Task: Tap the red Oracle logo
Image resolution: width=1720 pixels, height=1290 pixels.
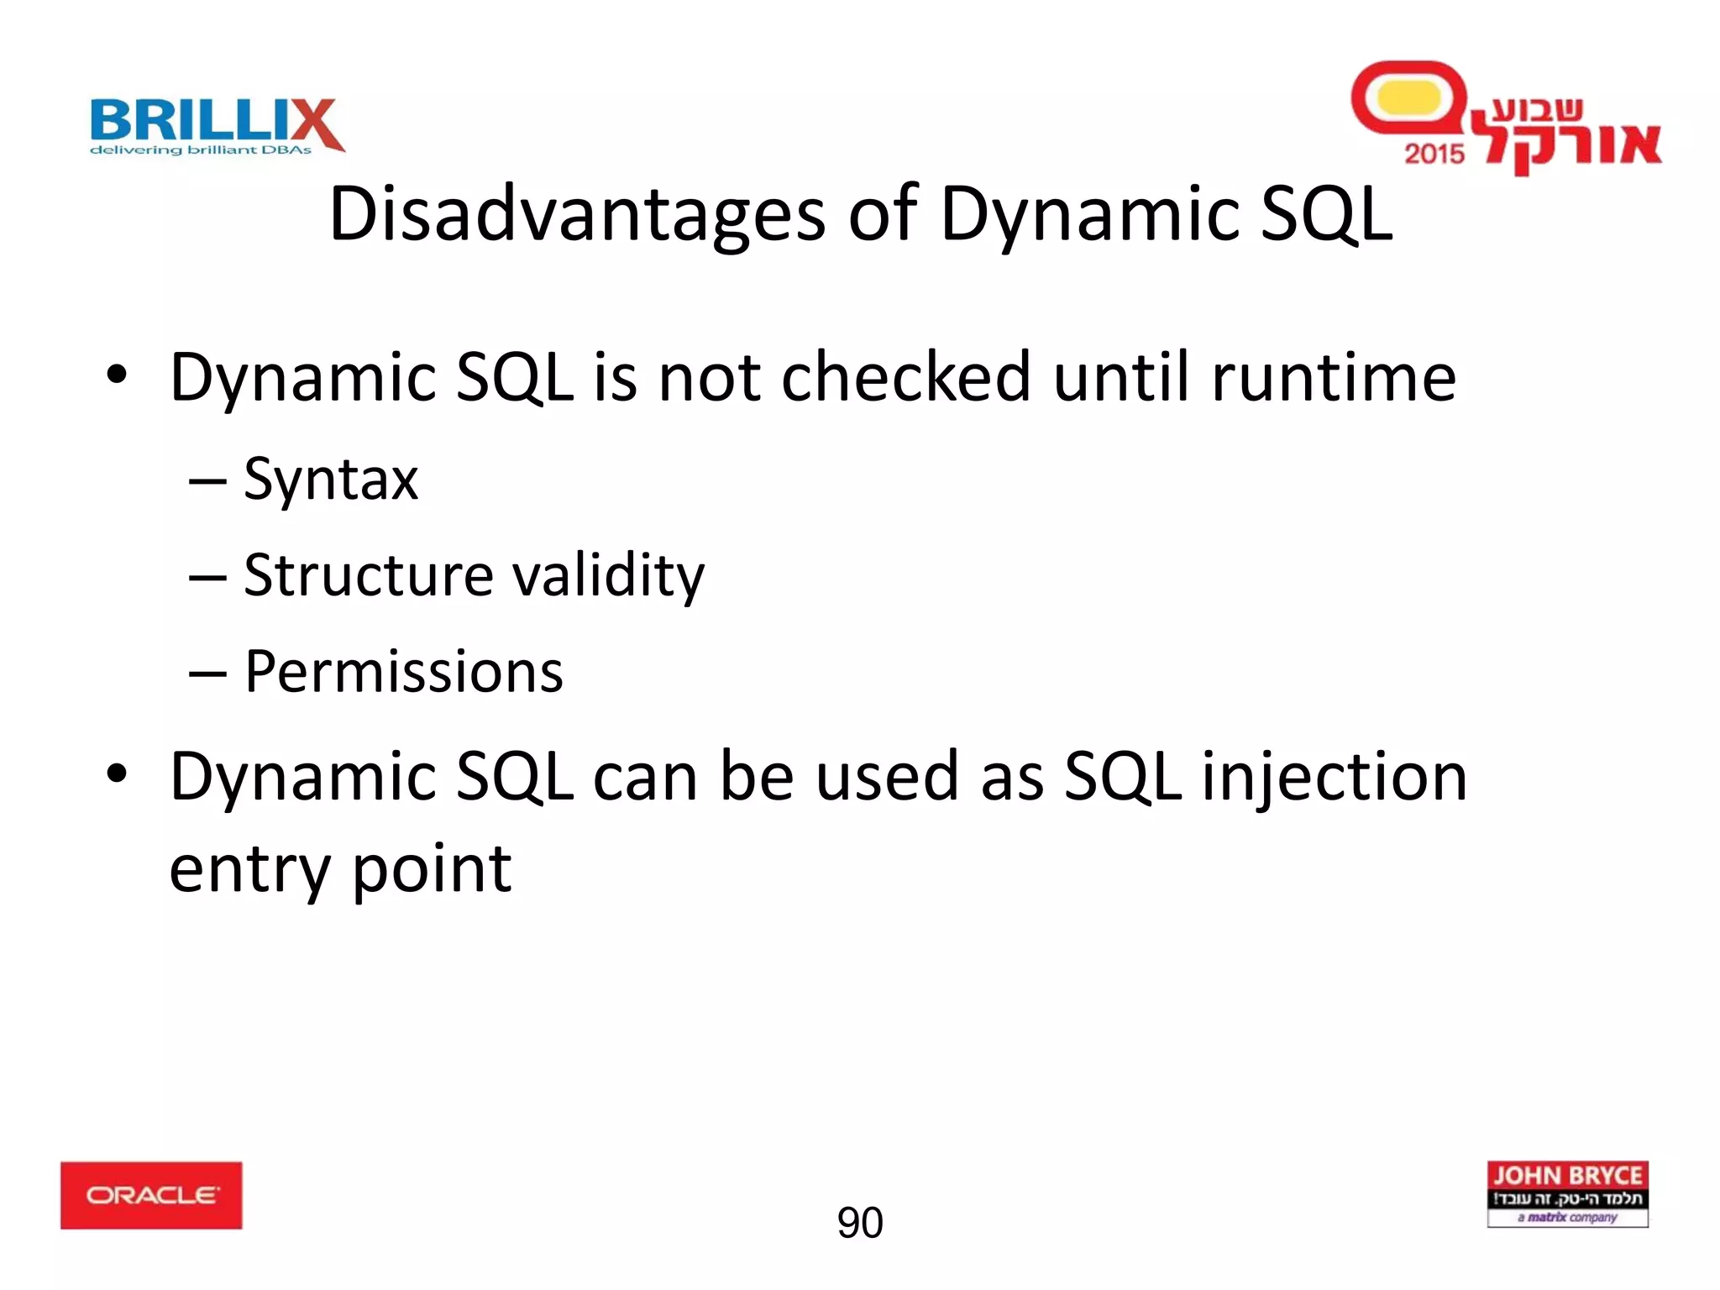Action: point(151,1195)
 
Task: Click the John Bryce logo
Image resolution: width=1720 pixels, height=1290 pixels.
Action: point(1567,1193)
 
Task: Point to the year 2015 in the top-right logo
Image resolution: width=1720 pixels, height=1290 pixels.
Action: point(1434,154)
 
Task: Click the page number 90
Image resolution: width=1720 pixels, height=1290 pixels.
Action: point(859,1222)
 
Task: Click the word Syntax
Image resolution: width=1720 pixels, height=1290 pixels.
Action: point(331,480)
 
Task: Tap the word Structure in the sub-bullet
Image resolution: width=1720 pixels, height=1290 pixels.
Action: point(369,575)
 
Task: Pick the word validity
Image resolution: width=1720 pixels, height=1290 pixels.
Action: point(608,577)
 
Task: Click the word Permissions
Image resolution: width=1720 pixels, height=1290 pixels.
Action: point(404,672)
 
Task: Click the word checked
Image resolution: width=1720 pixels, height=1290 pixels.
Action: point(905,377)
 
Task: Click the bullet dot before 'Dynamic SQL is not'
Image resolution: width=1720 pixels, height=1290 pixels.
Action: point(117,375)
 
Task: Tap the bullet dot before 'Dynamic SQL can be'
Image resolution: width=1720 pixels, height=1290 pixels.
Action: point(117,773)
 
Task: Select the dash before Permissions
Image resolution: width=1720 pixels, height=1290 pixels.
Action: point(207,674)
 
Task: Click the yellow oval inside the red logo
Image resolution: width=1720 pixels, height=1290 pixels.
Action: point(1409,98)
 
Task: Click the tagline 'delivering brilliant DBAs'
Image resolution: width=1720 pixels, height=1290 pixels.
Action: point(201,150)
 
